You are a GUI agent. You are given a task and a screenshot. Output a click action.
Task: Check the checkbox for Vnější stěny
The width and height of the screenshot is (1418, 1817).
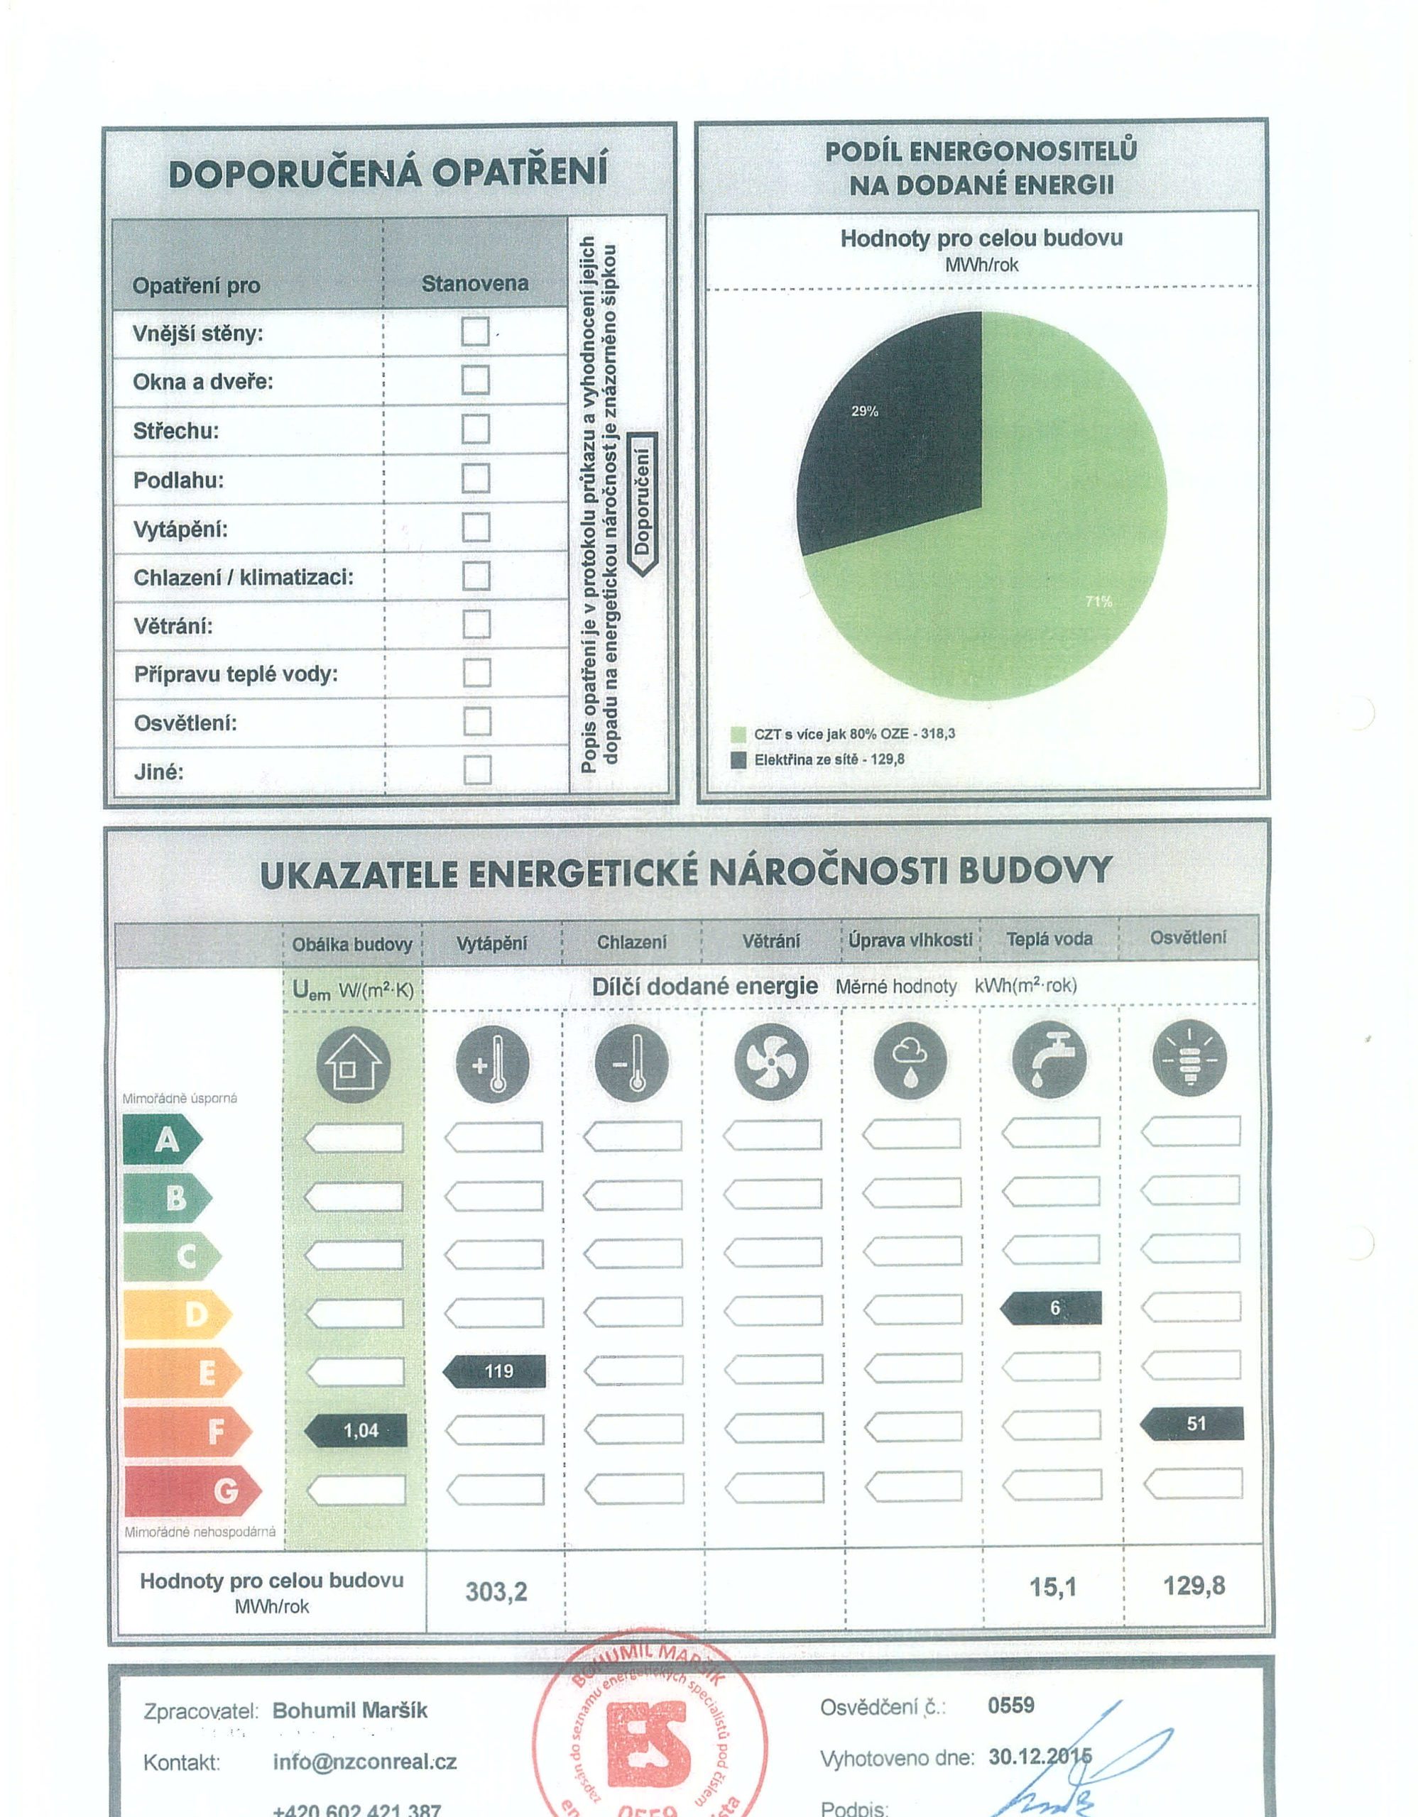[475, 332]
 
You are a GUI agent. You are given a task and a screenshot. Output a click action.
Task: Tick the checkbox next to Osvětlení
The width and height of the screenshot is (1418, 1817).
[477, 721]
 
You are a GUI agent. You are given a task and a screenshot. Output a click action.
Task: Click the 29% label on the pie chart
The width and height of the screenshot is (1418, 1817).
[865, 411]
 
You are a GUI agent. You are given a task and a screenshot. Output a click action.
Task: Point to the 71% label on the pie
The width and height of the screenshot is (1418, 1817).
[1098, 601]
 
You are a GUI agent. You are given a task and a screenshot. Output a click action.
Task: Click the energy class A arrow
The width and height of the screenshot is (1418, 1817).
[163, 1139]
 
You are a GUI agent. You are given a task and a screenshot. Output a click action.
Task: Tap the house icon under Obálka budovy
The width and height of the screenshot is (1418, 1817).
[354, 1063]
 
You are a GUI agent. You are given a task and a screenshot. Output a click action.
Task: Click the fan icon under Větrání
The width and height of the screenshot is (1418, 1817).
[771, 1061]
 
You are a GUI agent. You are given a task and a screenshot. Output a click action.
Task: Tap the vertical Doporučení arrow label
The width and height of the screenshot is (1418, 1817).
[643, 503]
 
